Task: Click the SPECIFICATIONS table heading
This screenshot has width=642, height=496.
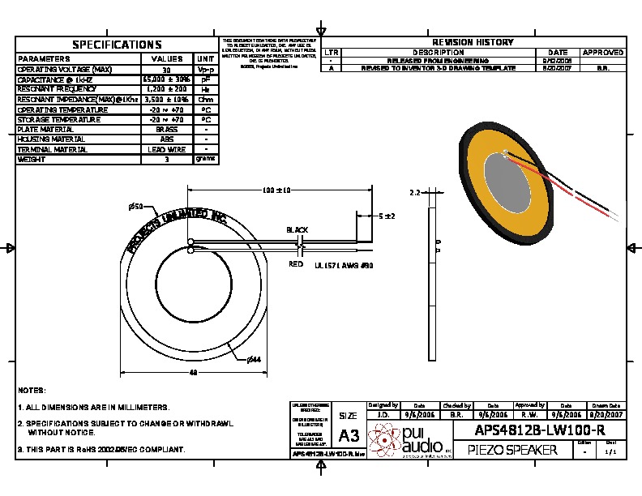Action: point(117,45)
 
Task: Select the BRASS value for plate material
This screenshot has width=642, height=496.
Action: point(166,130)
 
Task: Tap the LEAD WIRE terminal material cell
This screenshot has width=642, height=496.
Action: point(166,150)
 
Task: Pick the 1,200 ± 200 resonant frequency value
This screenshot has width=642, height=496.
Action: point(166,90)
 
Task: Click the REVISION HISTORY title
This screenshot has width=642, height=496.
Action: point(473,42)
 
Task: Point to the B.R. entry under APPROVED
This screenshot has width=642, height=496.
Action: point(603,69)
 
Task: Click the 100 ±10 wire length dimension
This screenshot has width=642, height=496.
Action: point(276,190)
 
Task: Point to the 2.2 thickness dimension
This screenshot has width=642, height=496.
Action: point(413,194)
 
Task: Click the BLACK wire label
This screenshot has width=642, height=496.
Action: point(297,230)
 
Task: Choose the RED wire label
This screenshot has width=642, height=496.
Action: point(296,264)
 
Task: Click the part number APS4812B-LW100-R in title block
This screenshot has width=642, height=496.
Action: point(541,430)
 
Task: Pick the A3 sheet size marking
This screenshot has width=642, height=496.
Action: point(349,435)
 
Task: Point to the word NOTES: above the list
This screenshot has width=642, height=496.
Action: point(32,390)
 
